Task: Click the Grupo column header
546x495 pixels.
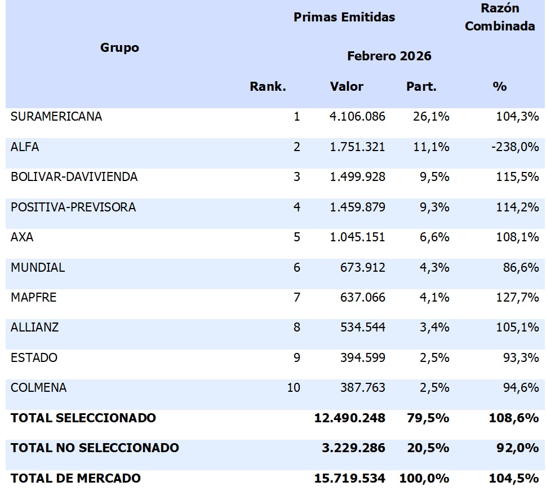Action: pos(119,48)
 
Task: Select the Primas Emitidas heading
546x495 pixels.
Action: pos(344,17)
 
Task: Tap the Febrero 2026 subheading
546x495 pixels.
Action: pos(389,56)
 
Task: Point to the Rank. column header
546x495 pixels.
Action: pos(268,86)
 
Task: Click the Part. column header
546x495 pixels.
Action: pos(421,86)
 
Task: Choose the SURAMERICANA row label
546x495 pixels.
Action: pos(56,116)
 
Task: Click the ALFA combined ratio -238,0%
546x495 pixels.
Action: pos(515,147)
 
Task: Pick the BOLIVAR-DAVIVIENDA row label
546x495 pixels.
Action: pos(74,176)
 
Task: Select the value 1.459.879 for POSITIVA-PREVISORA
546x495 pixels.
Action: pos(358,207)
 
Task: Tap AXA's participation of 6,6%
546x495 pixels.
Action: pos(434,237)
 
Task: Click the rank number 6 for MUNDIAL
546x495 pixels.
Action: pos(297,267)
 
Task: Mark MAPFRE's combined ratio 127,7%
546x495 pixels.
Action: pos(517,297)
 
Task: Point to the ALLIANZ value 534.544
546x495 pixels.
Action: pos(363,327)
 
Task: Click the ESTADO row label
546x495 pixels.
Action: pos(34,357)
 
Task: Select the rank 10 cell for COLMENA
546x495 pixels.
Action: pos(294,387)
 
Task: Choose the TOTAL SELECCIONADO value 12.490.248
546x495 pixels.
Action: pos(349,418)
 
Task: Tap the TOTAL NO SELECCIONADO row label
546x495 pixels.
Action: pos(95,448)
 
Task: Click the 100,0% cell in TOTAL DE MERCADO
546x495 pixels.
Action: pos(424,478)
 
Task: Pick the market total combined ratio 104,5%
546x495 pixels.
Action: pos(514,478)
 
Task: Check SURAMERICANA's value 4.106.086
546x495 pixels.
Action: pos(358,116)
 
